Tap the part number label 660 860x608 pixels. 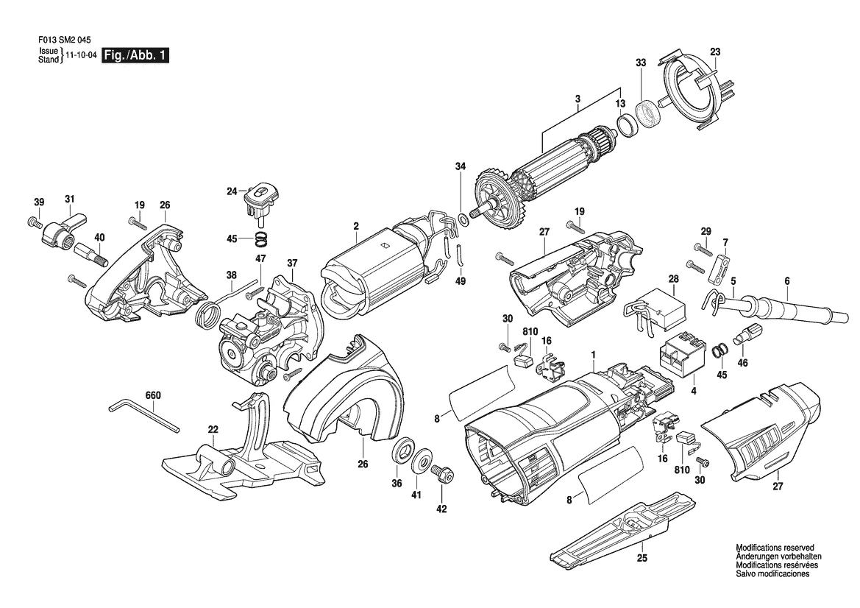coord(153,395)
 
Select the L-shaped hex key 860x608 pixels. coord(143,415)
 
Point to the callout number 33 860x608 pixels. coord(641,63)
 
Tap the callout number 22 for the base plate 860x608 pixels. coord(213,429)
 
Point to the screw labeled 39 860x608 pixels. coord(34,222)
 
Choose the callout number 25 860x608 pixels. coord(642,559)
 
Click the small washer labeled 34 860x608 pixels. coord(462,220)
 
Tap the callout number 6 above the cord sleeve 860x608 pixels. coord(787,281)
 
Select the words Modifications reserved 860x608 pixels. coord(775,548)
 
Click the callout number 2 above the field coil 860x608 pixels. coord(356,225)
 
